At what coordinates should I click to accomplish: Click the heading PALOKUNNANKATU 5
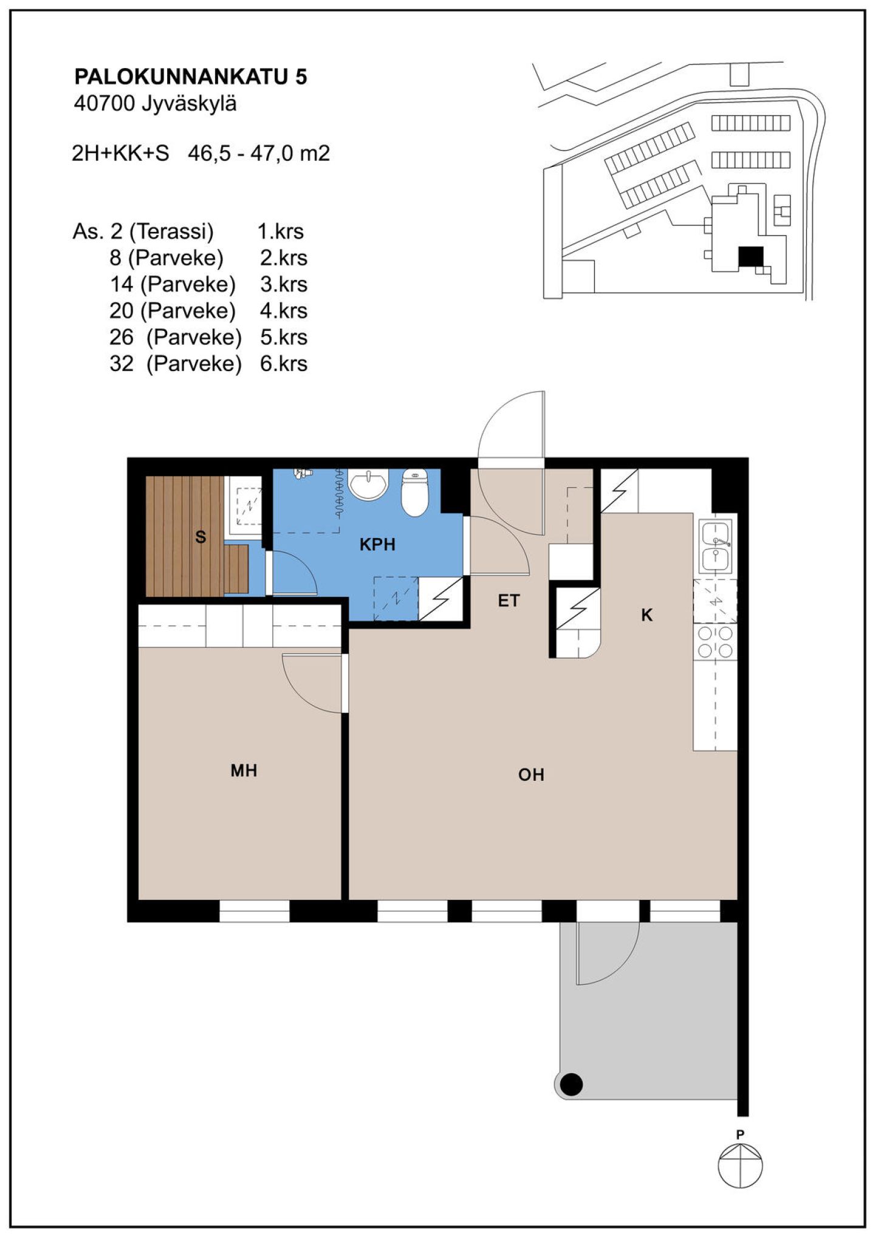tap(191, 77)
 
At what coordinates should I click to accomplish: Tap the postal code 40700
tap(104, 104)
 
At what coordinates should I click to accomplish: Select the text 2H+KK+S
tap(120, 153)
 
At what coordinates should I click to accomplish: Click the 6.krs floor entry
tap(283, 364)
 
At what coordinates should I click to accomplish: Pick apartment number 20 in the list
tap(122, 311)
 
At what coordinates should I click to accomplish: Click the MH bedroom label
tap(244, 771)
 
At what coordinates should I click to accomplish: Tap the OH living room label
tap(531, 775)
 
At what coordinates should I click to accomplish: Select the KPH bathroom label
tap(377, 545)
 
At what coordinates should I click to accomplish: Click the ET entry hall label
tap(509, 601)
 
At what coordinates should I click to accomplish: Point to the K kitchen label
tap(647, 615)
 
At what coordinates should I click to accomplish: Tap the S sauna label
tap(201, 537)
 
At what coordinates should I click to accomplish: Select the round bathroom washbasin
tap(368, 484)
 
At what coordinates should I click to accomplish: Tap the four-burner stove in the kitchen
tap(715, 642)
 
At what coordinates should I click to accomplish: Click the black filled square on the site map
tap(750, 256)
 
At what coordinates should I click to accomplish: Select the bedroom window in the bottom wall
tap(254, 911)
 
